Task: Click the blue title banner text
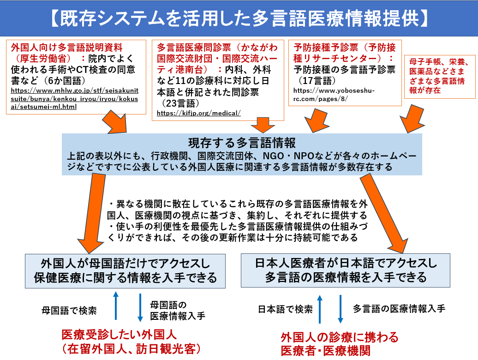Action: point(239,18)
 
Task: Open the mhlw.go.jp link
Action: point(74,99)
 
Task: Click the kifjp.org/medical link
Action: point(198,113)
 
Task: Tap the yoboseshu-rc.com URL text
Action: point(334,95)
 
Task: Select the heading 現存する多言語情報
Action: point(242,143)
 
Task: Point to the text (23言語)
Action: point(179,103)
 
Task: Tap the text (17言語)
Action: point(315,80)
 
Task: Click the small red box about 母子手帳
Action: point(440,77)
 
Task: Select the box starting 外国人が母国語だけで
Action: point(125,271)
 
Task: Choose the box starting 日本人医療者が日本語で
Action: point(346,270)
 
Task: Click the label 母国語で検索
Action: point(69,311)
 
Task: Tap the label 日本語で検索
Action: point(285,309)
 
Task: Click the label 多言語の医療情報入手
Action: point(399,309)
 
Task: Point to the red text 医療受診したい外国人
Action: point(119,335)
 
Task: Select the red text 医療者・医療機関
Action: point(325,351)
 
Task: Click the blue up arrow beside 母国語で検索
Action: point(115,306)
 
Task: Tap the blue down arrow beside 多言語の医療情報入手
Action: point(341,309)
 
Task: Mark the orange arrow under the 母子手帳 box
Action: point(412,119)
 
